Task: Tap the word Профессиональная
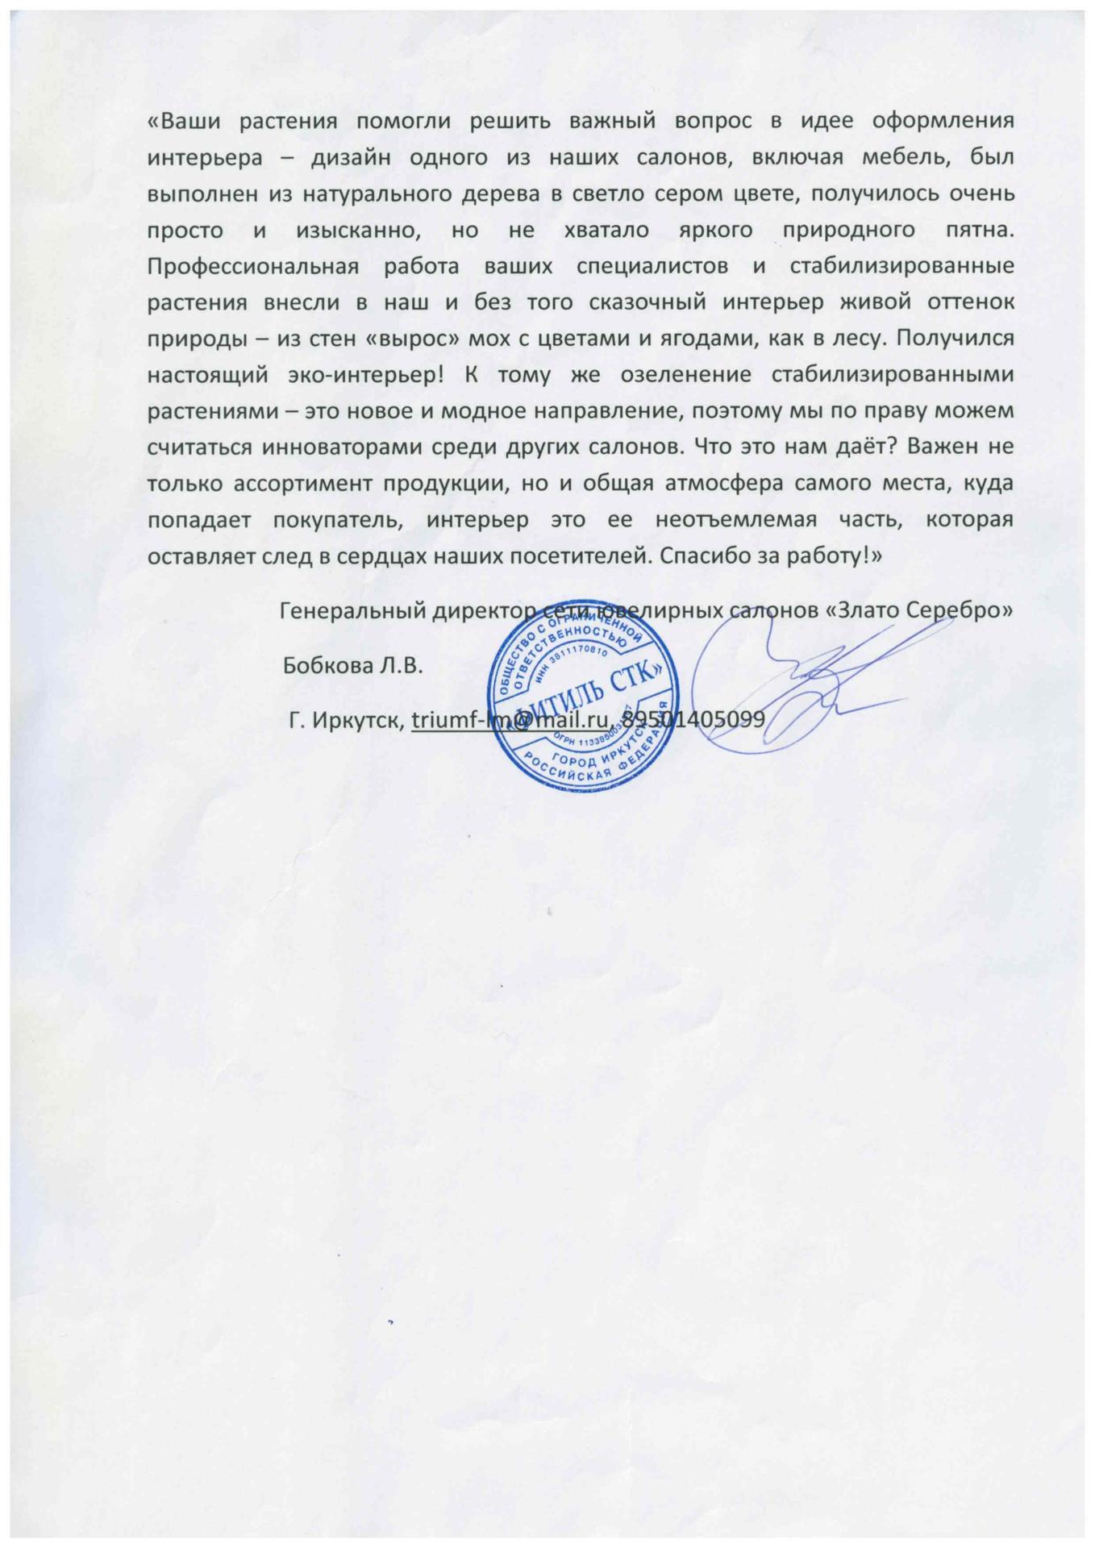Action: click(x=253, y=266)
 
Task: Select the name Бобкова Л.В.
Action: click(x=352, y=667)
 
